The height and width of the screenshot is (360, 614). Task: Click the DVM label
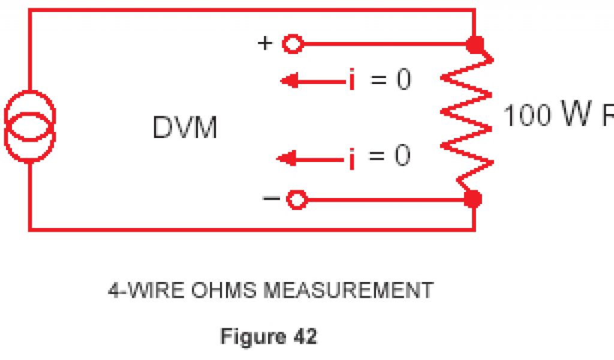185,128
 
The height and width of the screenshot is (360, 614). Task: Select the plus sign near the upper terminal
264,43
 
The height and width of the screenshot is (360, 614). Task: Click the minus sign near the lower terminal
271,199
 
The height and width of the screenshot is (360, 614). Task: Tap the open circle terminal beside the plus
293,44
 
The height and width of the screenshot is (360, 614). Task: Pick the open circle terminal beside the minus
295,199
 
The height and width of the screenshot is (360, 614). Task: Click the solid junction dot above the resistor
475,44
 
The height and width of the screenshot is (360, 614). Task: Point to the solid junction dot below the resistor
474,199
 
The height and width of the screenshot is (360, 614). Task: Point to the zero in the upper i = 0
403,80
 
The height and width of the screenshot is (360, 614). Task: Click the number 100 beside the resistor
526,116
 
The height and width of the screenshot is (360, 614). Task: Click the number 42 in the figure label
305,337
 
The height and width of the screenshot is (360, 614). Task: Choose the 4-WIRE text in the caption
145,291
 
